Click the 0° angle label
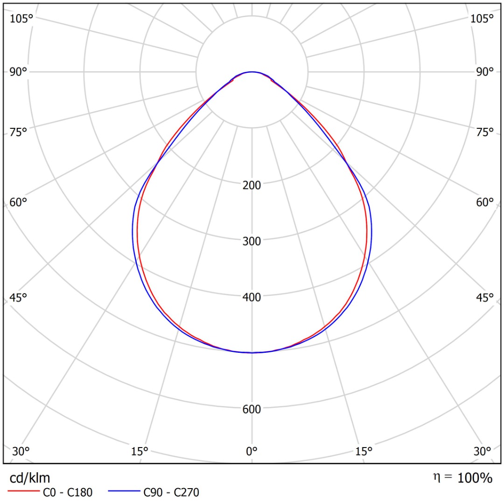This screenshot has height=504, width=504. click(x=252, y=451)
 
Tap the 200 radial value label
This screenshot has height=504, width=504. click(x=252, y=185)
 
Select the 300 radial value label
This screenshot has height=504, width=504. click(x=252, y=241)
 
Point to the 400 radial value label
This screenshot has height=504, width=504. click(x=252, y=297)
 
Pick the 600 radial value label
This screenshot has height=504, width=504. click(x=252, y=409)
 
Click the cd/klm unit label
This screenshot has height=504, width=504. click(x=30, y=478)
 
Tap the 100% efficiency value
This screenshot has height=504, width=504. click(x=475, y=478)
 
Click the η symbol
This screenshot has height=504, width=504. click(x=436, y=477)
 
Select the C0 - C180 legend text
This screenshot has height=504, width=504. click(x=68, y=492)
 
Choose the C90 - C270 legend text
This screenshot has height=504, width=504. click(x=171, y=492)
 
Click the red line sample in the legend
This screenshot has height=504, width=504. click(x=23, y=492)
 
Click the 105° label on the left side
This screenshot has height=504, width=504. click(x=21, y=19)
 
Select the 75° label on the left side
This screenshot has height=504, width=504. click(x=19, y=132)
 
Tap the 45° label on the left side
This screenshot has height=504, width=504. click(x=19, y=298)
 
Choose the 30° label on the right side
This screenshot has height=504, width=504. click(x=482, y=451)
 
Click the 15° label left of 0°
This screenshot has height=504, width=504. click(x=140, y=451)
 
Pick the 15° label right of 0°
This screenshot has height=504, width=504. click(x=364, y=451)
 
